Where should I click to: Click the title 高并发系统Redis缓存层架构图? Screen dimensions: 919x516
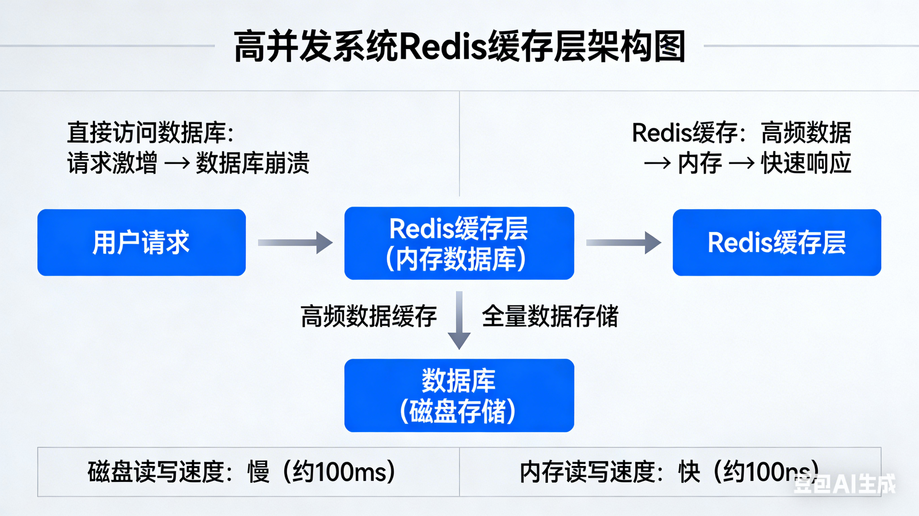[460, 46]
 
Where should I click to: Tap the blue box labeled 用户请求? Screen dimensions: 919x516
[142, 242]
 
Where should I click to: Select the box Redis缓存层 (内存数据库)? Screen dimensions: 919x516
[459, 243]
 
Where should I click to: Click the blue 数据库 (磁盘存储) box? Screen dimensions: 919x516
[459, 396]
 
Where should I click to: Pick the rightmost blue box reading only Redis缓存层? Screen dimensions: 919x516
[777, 242]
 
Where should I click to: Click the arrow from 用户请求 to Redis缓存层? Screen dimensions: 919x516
[296, 243]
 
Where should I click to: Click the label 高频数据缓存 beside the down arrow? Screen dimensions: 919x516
[369, 316]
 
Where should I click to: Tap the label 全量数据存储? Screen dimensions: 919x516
[550, 316]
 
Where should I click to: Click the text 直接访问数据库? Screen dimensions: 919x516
[150, 132]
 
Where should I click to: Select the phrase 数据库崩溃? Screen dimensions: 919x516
[252, 163]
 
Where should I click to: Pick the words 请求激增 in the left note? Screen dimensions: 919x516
[112, 163]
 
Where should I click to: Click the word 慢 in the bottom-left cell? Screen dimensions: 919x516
[259, 472]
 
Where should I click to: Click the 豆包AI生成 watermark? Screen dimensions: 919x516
[845, 484]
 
